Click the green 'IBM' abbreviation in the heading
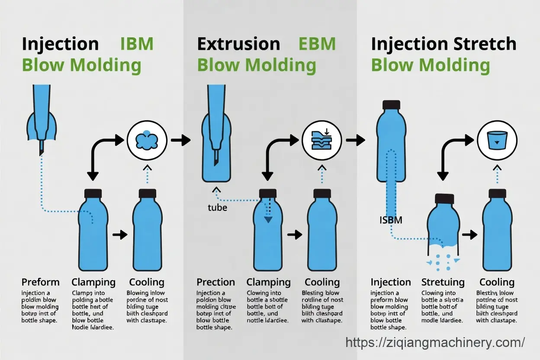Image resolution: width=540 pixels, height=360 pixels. (136, 44)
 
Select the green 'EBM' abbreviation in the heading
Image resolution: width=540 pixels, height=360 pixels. (317, 44)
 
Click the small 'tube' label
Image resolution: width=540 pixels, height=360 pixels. (217, 208)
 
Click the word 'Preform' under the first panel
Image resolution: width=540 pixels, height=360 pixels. (40, 283)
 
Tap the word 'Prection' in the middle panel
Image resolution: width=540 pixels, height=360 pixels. (215, 283)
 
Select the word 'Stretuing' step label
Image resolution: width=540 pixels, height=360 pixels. (443, 283)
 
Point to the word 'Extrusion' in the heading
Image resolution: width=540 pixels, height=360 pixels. (238, 44)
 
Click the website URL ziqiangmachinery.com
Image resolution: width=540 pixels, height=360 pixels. (435, 343)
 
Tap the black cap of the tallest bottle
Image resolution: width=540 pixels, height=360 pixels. (391, 104)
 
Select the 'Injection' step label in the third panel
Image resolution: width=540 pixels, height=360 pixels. (390, 283)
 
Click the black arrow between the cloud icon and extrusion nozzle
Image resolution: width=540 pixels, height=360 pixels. (181, 140)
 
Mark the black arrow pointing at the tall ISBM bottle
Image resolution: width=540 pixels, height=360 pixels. (356, 140)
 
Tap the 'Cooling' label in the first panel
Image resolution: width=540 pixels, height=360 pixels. (147, 283)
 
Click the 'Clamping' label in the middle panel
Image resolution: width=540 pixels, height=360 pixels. (268, 283)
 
